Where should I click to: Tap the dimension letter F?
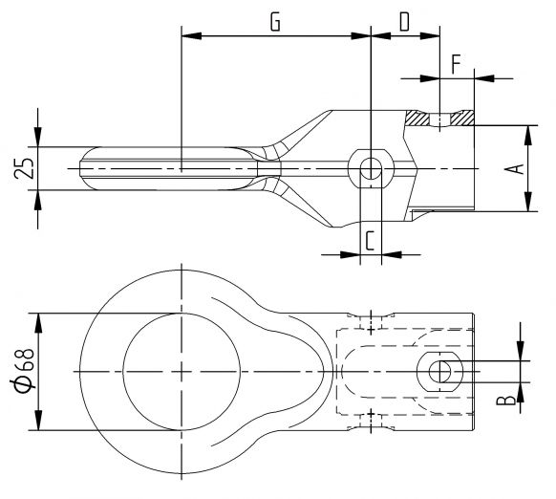456,64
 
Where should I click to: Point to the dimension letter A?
514,168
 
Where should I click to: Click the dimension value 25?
27,168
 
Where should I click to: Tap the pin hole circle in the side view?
370,169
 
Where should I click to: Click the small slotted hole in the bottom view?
441,371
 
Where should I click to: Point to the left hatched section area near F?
417,119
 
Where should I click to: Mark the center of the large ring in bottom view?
180,371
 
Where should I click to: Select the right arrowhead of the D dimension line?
434,37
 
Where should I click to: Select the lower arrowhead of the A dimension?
527,206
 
